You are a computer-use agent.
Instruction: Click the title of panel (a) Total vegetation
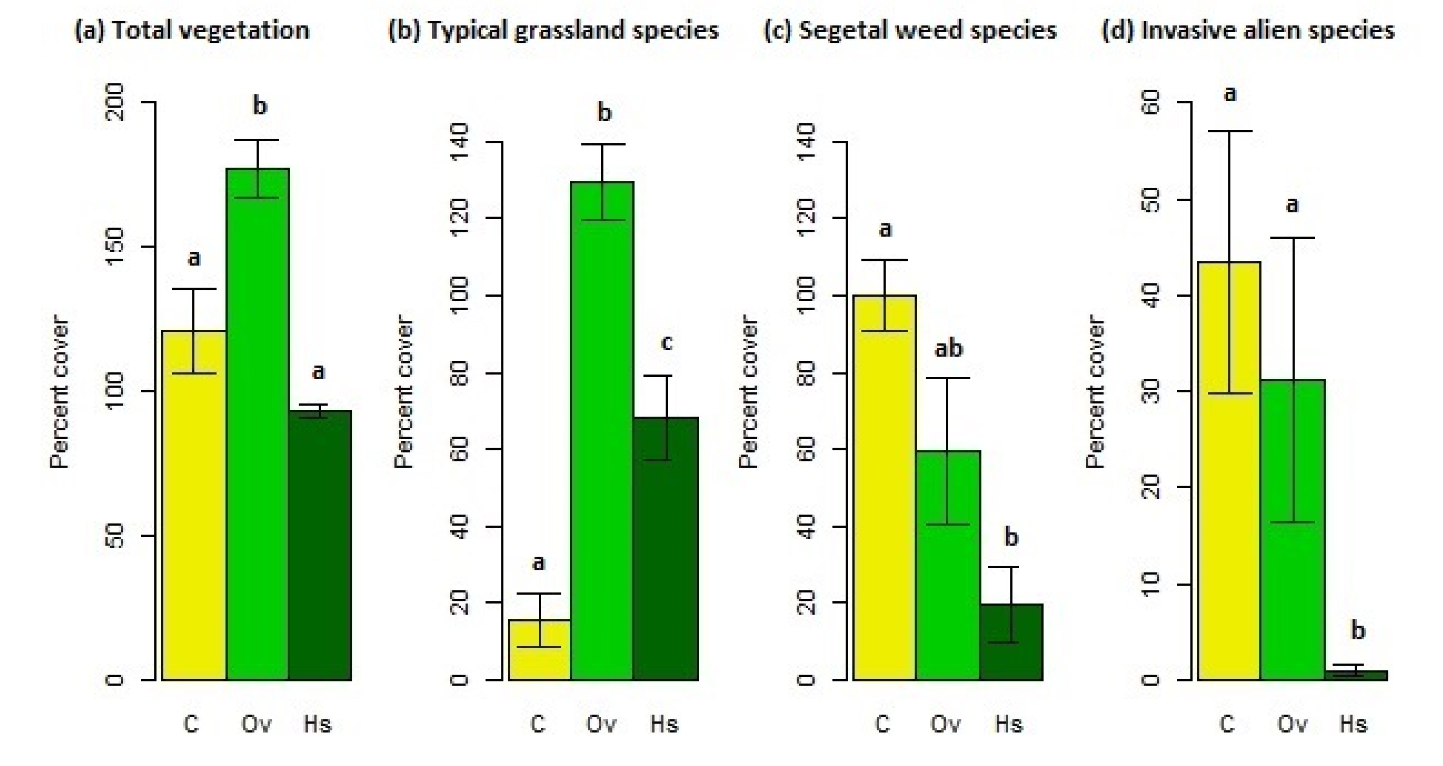coord(192,30)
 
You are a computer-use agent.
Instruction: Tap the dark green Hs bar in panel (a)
coord(320,549)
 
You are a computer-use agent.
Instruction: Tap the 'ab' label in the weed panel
coord(948,349)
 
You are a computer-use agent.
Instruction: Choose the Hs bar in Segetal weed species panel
coord(1011,644)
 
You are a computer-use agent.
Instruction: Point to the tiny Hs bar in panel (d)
coord(1356,675)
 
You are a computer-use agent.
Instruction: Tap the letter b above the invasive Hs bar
coord(1358,631)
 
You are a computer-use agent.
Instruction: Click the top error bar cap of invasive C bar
coord(1230,131)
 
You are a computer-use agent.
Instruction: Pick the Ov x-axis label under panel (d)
coord(1292,725)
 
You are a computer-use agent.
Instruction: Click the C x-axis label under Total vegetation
coord(192,725)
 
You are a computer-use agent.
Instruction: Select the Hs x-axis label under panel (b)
coord(664,725)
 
